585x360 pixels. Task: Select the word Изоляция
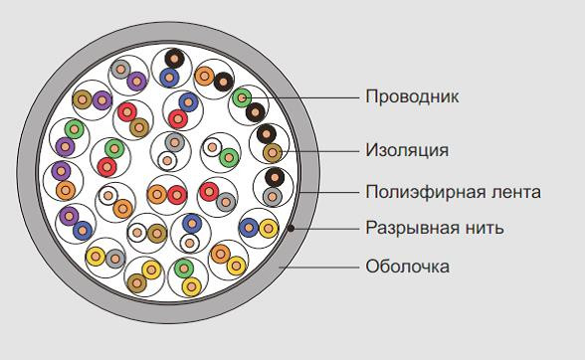(x=407, y=150)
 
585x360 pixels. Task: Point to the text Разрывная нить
(x=434, y=228)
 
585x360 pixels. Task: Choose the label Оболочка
(x=407, y=266)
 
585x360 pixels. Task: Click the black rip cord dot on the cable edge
(x=290, y=229)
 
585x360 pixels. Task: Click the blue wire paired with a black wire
(x=170, y=76)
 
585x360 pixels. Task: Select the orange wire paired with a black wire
(x=206, y=75)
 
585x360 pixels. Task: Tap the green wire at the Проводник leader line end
(x=242, y=97)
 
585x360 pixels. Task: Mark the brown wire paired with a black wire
(x=272, y=151)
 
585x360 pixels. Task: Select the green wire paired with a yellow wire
(x=183, y=269)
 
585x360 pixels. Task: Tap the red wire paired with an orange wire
(x=176, y=194)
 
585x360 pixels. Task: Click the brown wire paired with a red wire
(x=138, y=126)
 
